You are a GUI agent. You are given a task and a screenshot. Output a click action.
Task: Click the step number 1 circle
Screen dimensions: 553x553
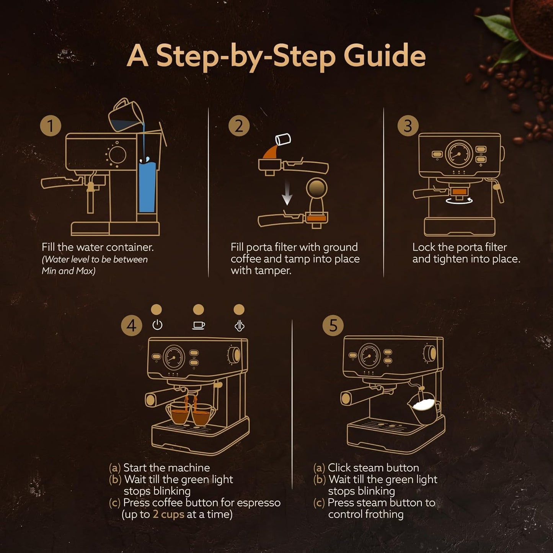click(51, 126)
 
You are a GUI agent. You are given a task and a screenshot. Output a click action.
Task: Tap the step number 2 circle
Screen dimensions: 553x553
click(239, 126)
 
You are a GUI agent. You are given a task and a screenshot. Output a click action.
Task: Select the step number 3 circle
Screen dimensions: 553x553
click(408, 126)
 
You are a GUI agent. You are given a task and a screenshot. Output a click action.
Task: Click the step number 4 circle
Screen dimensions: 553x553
click(131, 326)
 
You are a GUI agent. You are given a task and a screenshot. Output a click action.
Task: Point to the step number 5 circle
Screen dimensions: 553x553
click(333, 326)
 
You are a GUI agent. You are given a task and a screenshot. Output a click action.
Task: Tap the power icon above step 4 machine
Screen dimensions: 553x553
click(157, 325)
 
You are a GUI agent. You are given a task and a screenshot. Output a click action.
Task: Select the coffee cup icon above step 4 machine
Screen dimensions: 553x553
click(198, 325)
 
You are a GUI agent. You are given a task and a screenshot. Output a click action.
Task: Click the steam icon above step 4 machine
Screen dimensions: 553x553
click(239, 326)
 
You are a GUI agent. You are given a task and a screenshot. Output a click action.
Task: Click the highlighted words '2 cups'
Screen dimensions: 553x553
click(168, 514)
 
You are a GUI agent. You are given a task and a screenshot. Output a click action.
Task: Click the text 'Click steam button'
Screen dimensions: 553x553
click(373, 468)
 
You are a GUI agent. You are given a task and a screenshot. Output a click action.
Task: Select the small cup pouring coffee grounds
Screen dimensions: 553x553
click(283, 140)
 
